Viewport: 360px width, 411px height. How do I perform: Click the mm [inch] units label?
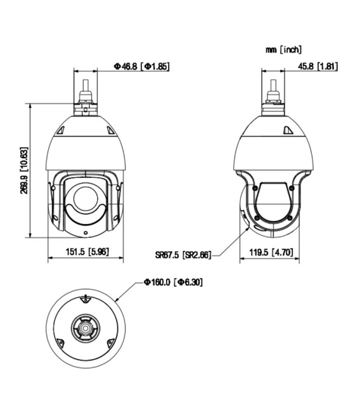tap(283, 49)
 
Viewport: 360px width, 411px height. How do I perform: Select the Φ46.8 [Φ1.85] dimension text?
tap(141, 66)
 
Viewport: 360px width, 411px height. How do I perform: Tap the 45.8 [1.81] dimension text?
tap(319, 66)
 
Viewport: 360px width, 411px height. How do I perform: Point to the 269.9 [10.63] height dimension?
tap(23, 171)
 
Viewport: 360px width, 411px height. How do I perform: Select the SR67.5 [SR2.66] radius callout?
tap(183, 256)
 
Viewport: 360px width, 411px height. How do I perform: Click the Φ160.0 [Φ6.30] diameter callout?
tap(172, 281)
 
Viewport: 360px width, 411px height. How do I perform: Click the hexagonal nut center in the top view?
tap(84, 327)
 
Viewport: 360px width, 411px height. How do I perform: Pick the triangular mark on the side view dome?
tap(286, 131)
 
